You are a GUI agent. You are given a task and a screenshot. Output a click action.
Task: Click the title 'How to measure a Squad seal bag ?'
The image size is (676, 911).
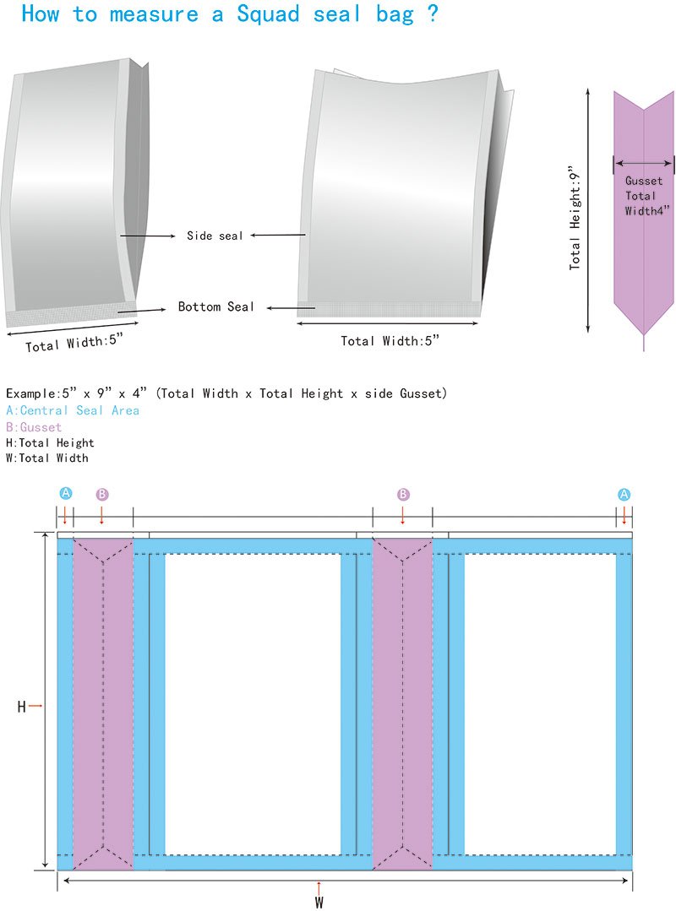click(229, 14)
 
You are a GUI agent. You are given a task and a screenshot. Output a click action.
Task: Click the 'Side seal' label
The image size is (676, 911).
click(215, 236)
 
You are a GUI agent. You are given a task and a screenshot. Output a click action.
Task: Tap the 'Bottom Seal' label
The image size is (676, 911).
click(215, 306)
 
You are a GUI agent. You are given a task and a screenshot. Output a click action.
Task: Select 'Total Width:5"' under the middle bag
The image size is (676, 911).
click(390, 341)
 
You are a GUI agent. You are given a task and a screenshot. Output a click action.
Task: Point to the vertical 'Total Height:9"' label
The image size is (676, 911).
click(576, 217)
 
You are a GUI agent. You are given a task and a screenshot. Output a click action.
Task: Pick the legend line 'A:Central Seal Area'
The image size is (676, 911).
click(73, 410)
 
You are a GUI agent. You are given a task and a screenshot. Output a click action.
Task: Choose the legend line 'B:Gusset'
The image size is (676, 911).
click(34, 427)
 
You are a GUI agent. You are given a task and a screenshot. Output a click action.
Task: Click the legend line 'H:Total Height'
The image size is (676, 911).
click(50, 442)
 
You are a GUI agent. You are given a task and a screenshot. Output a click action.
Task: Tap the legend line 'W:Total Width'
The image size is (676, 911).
click(46, 458)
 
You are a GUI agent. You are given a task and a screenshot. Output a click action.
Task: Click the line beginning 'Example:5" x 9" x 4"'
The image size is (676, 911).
click(226, 393)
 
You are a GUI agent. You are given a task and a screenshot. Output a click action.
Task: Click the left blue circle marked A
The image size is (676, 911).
click(66, 494)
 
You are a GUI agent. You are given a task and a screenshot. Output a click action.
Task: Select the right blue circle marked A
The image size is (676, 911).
click(624, 495)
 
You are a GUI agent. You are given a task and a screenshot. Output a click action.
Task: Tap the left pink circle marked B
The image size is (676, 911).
click(102, 494)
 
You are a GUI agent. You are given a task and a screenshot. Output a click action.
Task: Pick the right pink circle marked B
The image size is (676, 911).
click(403, 494)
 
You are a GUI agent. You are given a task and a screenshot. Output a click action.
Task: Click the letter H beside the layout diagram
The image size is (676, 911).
click(22, 707)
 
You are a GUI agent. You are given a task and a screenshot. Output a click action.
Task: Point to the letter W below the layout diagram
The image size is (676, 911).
click(319, 902)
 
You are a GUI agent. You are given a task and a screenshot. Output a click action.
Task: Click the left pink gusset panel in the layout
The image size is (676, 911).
click(103, 701)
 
